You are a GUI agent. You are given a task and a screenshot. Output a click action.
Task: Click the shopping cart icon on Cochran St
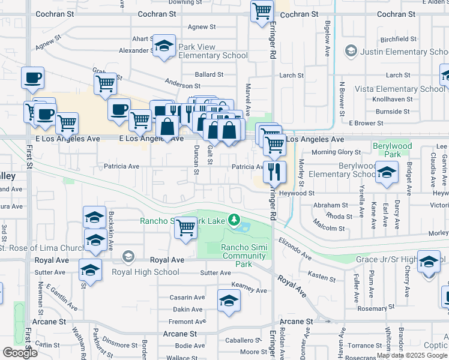pyautogui.click(x=262, y=11)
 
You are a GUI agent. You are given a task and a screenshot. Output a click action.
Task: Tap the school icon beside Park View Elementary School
pyautogui.click(x=163, y=46)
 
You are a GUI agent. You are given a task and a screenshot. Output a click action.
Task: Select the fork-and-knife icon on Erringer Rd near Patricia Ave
pyautogui.click(x=274, y=171)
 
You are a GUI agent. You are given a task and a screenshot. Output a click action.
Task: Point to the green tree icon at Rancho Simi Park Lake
pyautogui.click(x=234, y=220)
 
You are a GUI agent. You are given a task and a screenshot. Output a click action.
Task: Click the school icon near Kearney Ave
pyautogui.click(x=229, y=301)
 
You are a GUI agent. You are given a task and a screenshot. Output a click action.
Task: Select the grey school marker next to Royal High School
pyautogui.click(x=127, y=257)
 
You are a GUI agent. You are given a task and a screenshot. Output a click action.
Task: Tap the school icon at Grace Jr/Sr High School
pyautogui.click(x=429, y=262)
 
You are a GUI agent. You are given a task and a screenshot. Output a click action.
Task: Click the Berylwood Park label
pyautogui.click(x=393, y=150)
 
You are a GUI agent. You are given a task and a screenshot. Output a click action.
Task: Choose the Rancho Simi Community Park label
pyautogui.click(x=243, y=256)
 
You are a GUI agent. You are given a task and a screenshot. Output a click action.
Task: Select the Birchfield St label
pyautogui.click(x=399, y=39)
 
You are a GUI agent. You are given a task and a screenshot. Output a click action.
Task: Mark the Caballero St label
pyautogui.click(x=238, y=340)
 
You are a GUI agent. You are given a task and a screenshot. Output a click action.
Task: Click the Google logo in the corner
pyautogui.click(x=20, y=353)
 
